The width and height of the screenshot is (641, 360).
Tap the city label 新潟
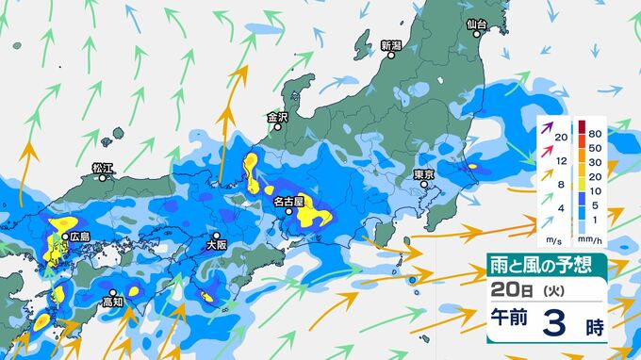coord(391,45)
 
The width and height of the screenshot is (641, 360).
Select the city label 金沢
coord(277,119)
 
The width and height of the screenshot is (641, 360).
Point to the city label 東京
coord(423,174)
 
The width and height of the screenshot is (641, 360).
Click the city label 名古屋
coord(288,202)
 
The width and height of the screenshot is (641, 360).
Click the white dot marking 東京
coord(427,187)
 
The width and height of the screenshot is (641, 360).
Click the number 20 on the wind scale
coord(562,139)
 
